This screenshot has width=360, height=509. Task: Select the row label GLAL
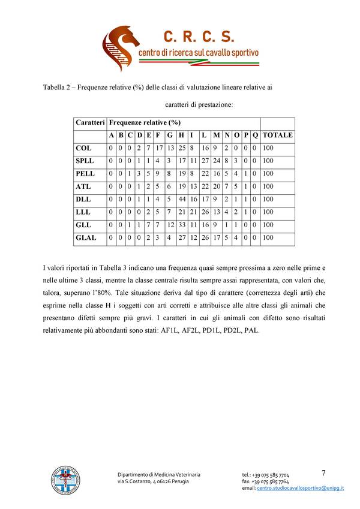(86, 237)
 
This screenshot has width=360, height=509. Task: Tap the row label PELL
(85, 173)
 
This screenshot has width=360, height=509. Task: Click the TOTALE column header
(277, 135)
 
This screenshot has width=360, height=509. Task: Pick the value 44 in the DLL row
(181, 199)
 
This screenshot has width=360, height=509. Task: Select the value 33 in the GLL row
(181, 225)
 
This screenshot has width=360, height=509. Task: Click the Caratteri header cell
(90, 122)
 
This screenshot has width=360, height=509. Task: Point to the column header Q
(256, 135)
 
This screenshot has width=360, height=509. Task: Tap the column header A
(112, 135)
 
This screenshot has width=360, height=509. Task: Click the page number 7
(323, 473)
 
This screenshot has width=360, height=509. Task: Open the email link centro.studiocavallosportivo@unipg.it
(301, 489)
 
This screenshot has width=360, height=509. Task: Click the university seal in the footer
(64, 481)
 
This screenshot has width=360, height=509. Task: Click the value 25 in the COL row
(181, 147)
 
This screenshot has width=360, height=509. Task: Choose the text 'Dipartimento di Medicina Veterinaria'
(158, 475)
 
